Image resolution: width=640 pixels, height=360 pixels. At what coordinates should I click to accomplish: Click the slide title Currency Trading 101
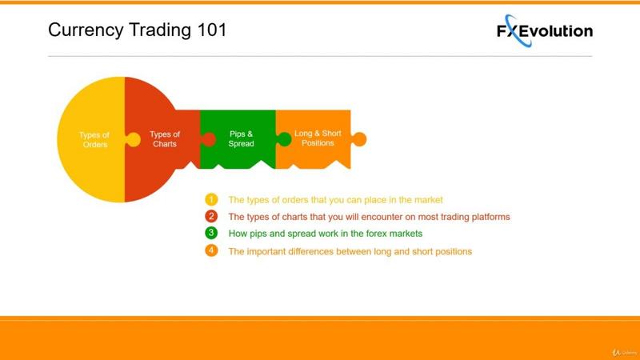pyautogui.click(x=137, y=30)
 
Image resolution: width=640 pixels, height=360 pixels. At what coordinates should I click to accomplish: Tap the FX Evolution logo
pyautogui.click(x=545, y=31)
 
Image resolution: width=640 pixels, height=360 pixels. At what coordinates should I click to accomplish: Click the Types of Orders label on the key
pyautogui.click(x=94, y=139)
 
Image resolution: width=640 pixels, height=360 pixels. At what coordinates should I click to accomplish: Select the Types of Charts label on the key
pyautogui.click(x=165, y=139)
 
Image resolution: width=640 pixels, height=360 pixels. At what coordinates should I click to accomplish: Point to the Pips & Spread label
pyautogui.click(x=242, y=138)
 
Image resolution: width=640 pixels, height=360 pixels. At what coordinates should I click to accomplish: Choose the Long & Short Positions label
pyautogui.click(x=318, y=138)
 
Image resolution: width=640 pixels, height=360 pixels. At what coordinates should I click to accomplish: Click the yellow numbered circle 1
pyautogui.click(x=211, y=199)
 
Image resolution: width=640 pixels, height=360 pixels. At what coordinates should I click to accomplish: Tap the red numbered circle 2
pyautogui.click(x=211, y=216)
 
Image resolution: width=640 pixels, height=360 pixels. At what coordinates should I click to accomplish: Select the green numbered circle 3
pyautogui.click(x=211, y=233)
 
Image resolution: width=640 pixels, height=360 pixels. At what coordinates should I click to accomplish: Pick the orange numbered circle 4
pyautogui.click(x=211, y=250)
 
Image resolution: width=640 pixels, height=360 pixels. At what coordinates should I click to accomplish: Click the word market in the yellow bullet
pyautogui.click(x=429, y=200)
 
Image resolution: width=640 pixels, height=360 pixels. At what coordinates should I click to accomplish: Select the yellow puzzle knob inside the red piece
pyautogui.click(x=133, y=139)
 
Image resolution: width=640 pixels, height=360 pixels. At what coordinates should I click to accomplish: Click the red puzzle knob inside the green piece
pyautogui.click(x=208, y=139)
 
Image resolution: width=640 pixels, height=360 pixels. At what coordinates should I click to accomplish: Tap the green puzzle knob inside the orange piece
pyautogui.click(x=284, y=139)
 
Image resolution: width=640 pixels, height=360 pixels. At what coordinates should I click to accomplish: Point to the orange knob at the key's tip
pyautogui.click(x=358, y=139)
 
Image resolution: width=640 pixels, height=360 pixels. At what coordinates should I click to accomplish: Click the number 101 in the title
pyautogui.click(x=212, y=30)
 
